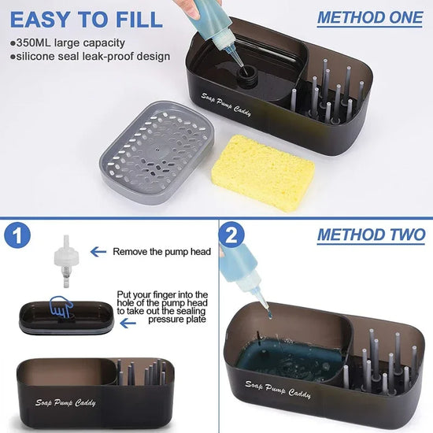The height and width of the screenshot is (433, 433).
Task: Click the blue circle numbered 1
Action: pos(20,237)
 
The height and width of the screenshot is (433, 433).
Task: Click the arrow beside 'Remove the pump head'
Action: pos(98,252)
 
